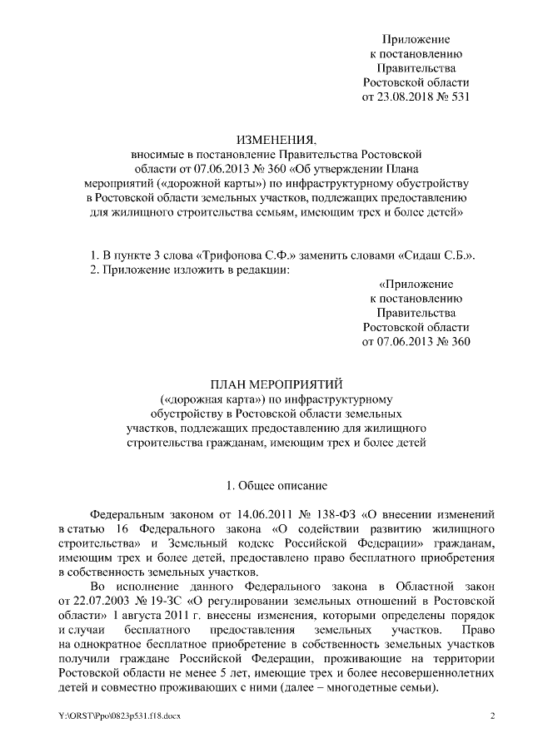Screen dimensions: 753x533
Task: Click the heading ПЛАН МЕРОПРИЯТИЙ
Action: click(x=266, y=384)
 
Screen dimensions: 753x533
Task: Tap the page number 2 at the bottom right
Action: click(x=492, y=716)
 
